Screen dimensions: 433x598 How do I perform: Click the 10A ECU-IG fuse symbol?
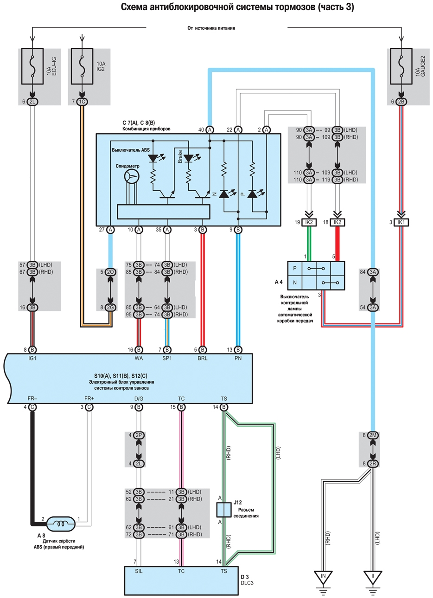[32, 66]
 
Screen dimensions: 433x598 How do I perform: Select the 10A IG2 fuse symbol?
[82, 66]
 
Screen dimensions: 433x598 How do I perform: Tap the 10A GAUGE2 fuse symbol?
[401, 66]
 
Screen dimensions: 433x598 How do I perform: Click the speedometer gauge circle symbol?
[132, 176]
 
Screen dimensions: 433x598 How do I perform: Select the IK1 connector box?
[401, 222]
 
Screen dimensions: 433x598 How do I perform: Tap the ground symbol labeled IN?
[323, 578]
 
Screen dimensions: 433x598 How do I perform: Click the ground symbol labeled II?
[373, 578]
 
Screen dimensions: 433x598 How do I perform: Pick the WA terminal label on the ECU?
[139, 358]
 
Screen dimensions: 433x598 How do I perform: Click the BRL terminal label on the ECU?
[203, 358]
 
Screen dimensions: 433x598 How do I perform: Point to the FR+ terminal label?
[89, 399]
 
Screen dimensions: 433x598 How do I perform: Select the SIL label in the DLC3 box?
[139, 571]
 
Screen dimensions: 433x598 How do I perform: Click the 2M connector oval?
[373, 436]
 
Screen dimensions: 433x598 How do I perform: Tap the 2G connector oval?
[110, 308]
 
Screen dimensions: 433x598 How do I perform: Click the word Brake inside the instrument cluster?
[180, 156]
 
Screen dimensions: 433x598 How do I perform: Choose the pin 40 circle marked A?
[210, 130]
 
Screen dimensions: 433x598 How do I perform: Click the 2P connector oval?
[139, 436]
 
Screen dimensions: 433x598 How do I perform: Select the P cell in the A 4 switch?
[295, 268]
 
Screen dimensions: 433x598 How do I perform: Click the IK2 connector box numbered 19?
[309, 222]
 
